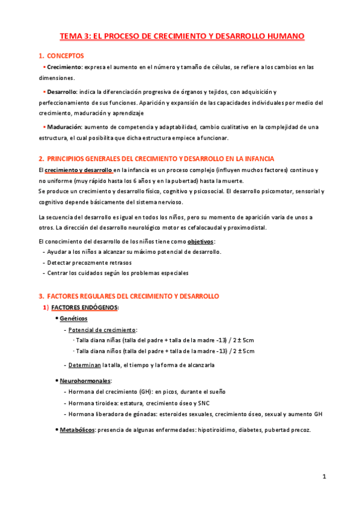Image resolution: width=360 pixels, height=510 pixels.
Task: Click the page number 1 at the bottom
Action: point(324,477)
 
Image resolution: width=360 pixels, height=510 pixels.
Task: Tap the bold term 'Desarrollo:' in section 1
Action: point(63,91)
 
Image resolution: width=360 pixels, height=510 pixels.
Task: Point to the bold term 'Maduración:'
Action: point(65,127)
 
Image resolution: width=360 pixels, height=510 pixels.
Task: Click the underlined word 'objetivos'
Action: point(201,241)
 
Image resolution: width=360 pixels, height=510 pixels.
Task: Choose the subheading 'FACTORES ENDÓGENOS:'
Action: point(85,307)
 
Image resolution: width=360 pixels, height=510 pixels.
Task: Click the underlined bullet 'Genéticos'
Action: point(73,318)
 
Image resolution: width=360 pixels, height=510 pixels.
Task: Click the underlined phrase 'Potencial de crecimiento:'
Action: point(103,330)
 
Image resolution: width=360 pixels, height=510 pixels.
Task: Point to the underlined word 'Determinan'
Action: point(85,364)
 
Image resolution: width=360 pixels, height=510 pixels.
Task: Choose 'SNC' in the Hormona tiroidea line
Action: point(206,403)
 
